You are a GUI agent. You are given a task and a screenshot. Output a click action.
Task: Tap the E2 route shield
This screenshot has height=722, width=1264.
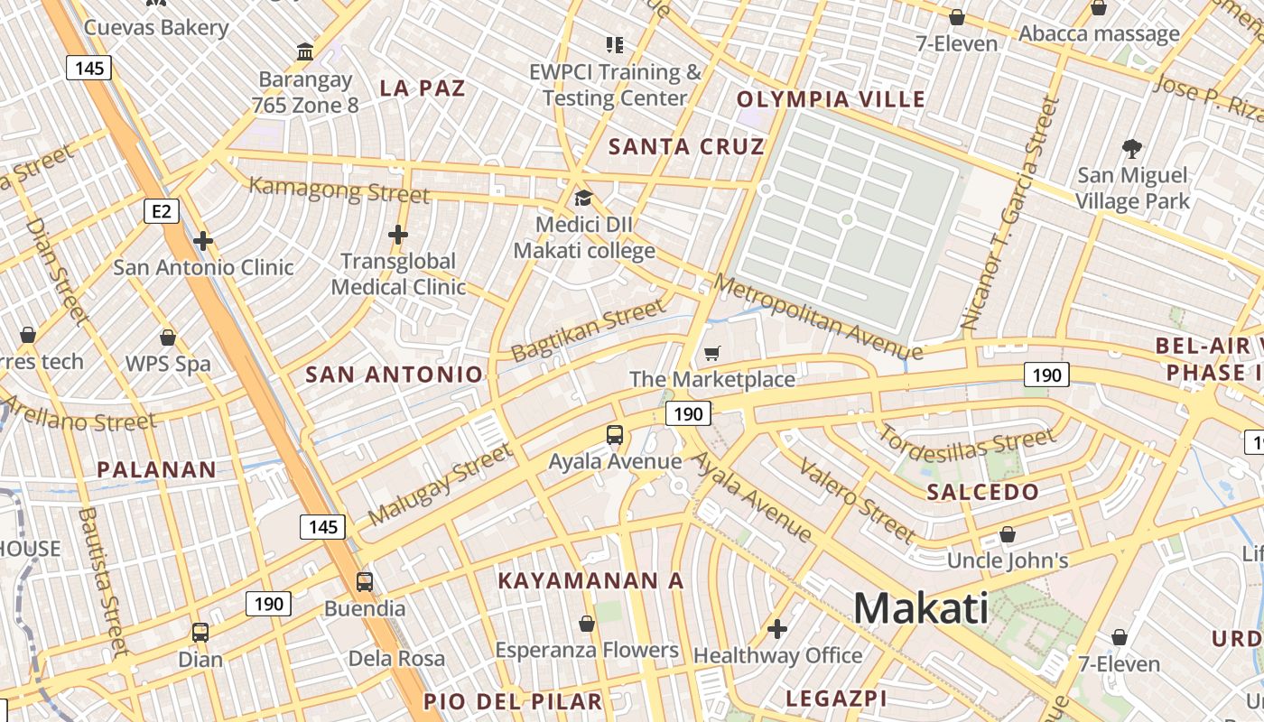click(x=161, y=211)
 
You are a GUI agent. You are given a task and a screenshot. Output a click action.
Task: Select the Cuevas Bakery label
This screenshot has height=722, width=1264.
click(x=156, y=27)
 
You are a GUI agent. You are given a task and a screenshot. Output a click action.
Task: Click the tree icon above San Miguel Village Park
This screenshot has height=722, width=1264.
click(x=1131, y=148)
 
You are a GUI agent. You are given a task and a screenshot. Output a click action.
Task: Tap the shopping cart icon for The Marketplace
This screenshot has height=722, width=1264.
click(x=712, y=353)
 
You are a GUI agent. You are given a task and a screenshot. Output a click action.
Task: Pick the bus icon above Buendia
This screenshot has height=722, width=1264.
click(x=365, y=581)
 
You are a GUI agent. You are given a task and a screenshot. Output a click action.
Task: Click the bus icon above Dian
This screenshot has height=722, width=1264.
click(x=200, y=633)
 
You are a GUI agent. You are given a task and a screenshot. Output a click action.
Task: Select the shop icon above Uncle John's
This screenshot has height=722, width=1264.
click(x=1008, y=534)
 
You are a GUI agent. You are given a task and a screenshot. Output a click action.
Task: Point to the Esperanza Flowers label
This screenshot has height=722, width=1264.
click(x=587, y=650)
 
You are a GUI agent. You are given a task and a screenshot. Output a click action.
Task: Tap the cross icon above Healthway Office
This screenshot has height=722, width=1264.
click(x=777, y=628)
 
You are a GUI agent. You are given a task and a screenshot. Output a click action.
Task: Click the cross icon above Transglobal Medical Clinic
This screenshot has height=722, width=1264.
click(x=398, y=235)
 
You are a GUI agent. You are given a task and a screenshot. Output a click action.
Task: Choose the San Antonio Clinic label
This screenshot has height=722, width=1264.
click(x=203, y=267)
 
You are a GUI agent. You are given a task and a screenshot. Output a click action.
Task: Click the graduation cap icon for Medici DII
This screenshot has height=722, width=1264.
click(x=584, y=198)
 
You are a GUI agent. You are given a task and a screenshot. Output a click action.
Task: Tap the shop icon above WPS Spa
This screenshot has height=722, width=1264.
click(x=168, y=338)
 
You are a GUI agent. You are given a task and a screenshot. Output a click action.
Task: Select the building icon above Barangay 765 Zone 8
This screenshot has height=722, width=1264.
click(x=305, y=52)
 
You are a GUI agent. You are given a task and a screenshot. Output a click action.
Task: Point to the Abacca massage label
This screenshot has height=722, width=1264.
click(x=1099, y=34)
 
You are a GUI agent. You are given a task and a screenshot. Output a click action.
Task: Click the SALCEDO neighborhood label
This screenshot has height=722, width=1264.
click(x=982, y=492)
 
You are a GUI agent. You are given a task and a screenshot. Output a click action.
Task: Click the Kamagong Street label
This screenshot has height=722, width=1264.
click(x=339, y=190)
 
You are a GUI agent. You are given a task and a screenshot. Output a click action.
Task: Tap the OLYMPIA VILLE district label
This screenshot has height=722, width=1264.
click(x=832, y=99)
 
